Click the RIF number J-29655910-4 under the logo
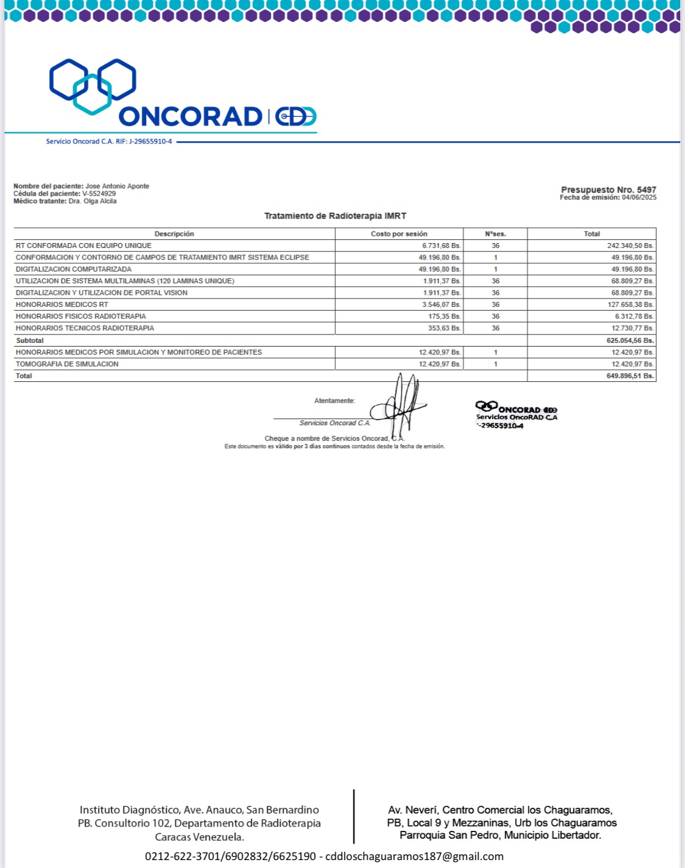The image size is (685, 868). pos(150,141)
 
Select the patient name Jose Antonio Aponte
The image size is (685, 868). pos(117,186)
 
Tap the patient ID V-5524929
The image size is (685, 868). pos(99,194)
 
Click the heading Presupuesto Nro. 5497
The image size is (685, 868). pos(608,189)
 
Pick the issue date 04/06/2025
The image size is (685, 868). pos(639,197)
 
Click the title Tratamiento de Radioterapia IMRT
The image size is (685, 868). pos(335,216)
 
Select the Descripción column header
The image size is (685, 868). pos(174,234)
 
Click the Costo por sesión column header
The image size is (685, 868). pos(399,234)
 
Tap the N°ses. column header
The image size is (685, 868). pos(495,234)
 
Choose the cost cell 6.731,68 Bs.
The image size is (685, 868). pos(441,245)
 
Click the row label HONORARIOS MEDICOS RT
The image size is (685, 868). pos(62,305)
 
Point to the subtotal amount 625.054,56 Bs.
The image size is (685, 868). pos(630,340)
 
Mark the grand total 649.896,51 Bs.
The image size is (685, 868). pos(630,376)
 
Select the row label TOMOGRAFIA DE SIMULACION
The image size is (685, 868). pos(67,364)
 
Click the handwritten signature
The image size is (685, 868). pos(399,405)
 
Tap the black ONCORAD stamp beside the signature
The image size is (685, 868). pos(516,415)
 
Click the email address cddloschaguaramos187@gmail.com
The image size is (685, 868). pos(414,856)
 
